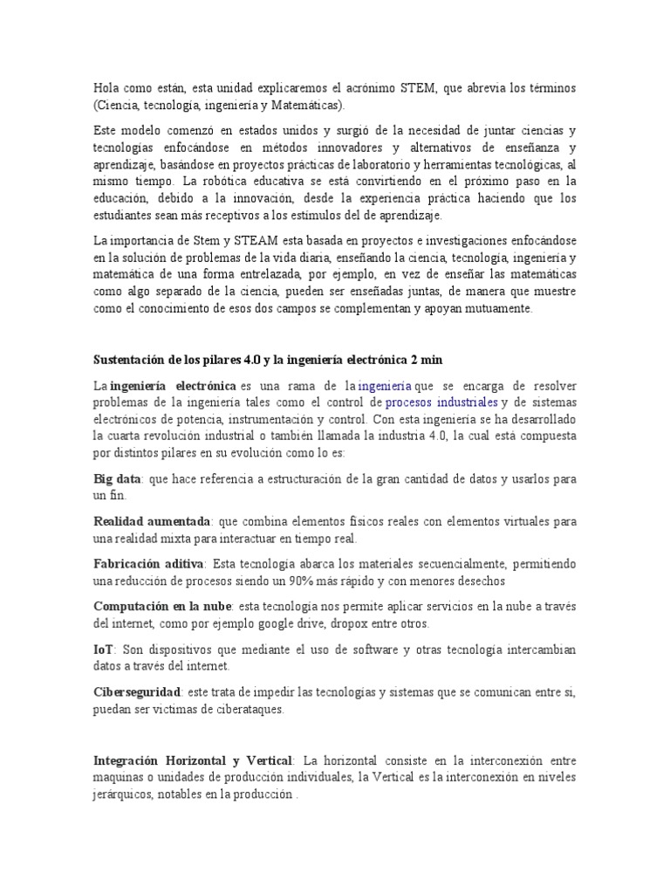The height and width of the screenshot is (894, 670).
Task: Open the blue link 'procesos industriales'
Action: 441,402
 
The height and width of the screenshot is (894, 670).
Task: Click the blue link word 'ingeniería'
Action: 384,385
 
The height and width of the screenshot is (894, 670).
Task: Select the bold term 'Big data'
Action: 118,479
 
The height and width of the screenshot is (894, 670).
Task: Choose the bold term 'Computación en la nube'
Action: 161,606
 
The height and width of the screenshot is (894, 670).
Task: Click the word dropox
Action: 347,623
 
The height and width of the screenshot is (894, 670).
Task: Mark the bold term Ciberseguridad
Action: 137,691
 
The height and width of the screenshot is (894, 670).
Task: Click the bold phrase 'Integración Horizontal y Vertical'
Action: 195,761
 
